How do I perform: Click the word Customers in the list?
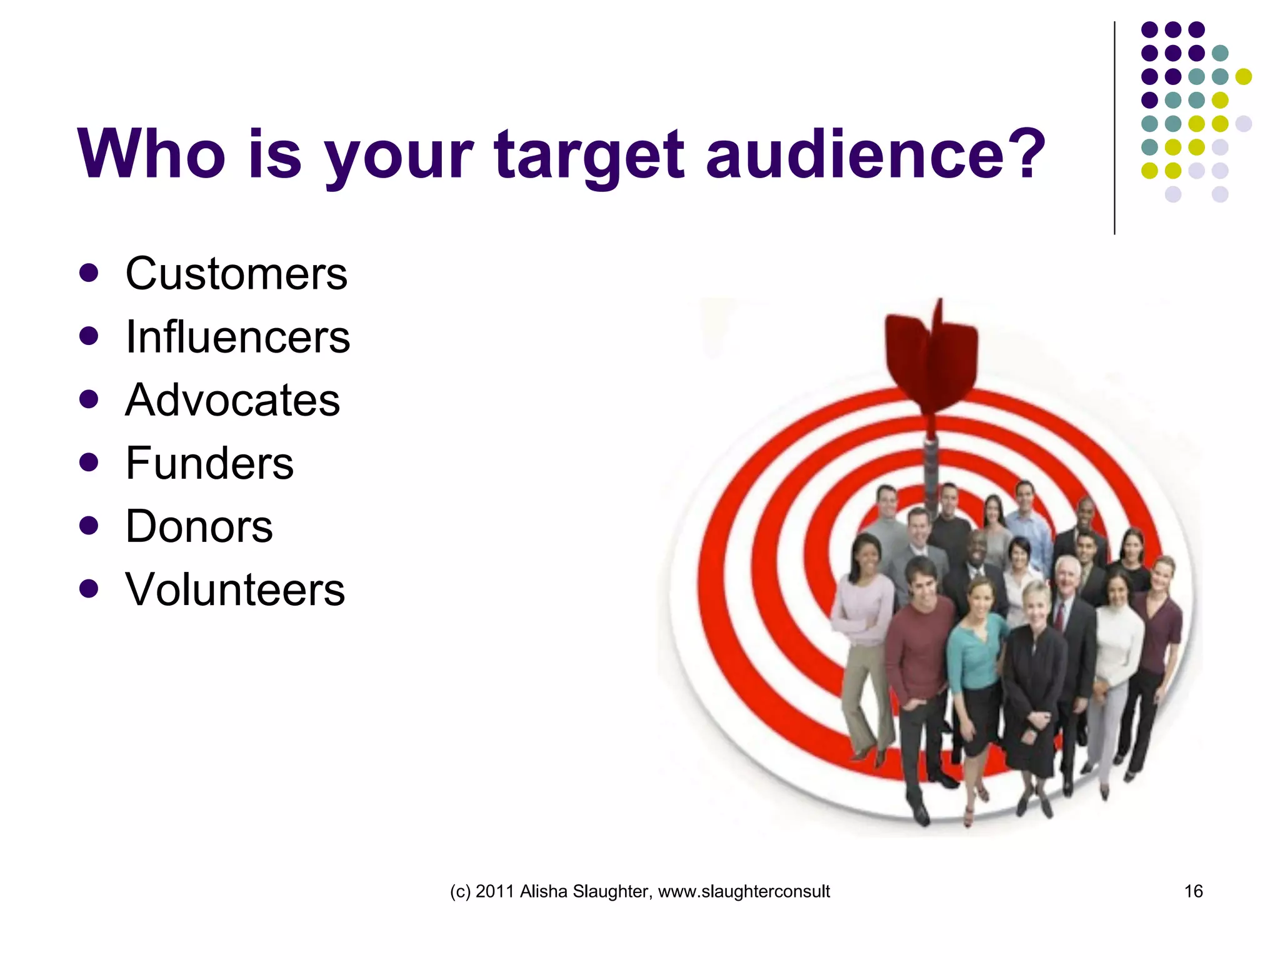click(x=236, y=274)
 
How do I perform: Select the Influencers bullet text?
click(x=237, y=337)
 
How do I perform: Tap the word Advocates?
click(x=232, y=400)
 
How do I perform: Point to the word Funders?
click(x=209, y=463)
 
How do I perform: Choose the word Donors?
click(x=199, y=526)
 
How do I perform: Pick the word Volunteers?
click(x=235, y=589)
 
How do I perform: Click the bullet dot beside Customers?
click(x=89, y=273)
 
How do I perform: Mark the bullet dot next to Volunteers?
click(x=89, y=589)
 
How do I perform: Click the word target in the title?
click(x=589, y=154)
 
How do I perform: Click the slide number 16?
click(x=1193, y=891)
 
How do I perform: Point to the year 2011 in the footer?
click(x=494, y=891)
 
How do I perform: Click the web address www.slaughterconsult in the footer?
click(x=744, y=891)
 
